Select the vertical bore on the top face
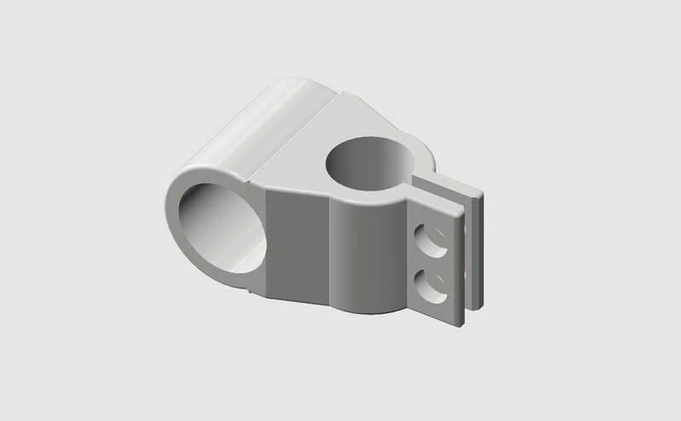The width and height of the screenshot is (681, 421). (x=368, y=164)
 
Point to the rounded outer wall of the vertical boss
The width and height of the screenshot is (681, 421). (x=366, y=255)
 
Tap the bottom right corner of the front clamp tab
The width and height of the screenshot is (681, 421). (x=461, y=322)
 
